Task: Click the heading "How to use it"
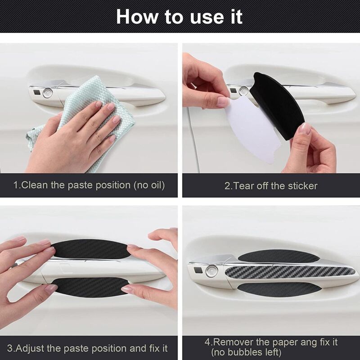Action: pos(179,16)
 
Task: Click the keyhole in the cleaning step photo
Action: pos(47,93)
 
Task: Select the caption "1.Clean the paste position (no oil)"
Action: pos(89,185)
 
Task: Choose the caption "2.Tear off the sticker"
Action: pos(271,185)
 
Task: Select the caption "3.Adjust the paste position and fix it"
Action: pos(90,348)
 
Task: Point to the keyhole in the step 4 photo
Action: pos(211,271)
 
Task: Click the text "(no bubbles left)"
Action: pos(246,352)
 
